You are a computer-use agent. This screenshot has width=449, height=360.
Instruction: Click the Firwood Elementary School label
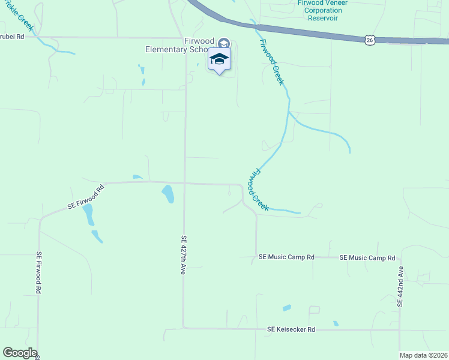180,46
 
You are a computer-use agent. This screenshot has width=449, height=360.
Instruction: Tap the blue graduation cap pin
219,59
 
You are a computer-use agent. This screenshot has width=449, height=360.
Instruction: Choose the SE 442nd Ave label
400,287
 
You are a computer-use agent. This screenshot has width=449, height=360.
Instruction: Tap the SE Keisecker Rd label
291,329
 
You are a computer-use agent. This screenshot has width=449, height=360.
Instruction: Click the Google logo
20,353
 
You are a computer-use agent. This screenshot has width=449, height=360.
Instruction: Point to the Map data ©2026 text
423,355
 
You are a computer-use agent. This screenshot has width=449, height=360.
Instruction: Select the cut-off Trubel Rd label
12,37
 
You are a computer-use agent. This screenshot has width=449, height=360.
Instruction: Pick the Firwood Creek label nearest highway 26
271,62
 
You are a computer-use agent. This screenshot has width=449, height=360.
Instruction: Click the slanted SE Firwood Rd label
85,197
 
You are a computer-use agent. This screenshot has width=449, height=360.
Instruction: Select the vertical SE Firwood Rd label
38,272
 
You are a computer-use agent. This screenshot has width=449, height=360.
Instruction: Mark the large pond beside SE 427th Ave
168,194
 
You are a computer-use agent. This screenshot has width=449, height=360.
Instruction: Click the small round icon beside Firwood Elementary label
223,43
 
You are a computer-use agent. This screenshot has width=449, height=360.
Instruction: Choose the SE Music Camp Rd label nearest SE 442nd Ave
367,257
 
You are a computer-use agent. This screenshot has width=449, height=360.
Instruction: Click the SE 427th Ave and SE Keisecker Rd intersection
184,328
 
